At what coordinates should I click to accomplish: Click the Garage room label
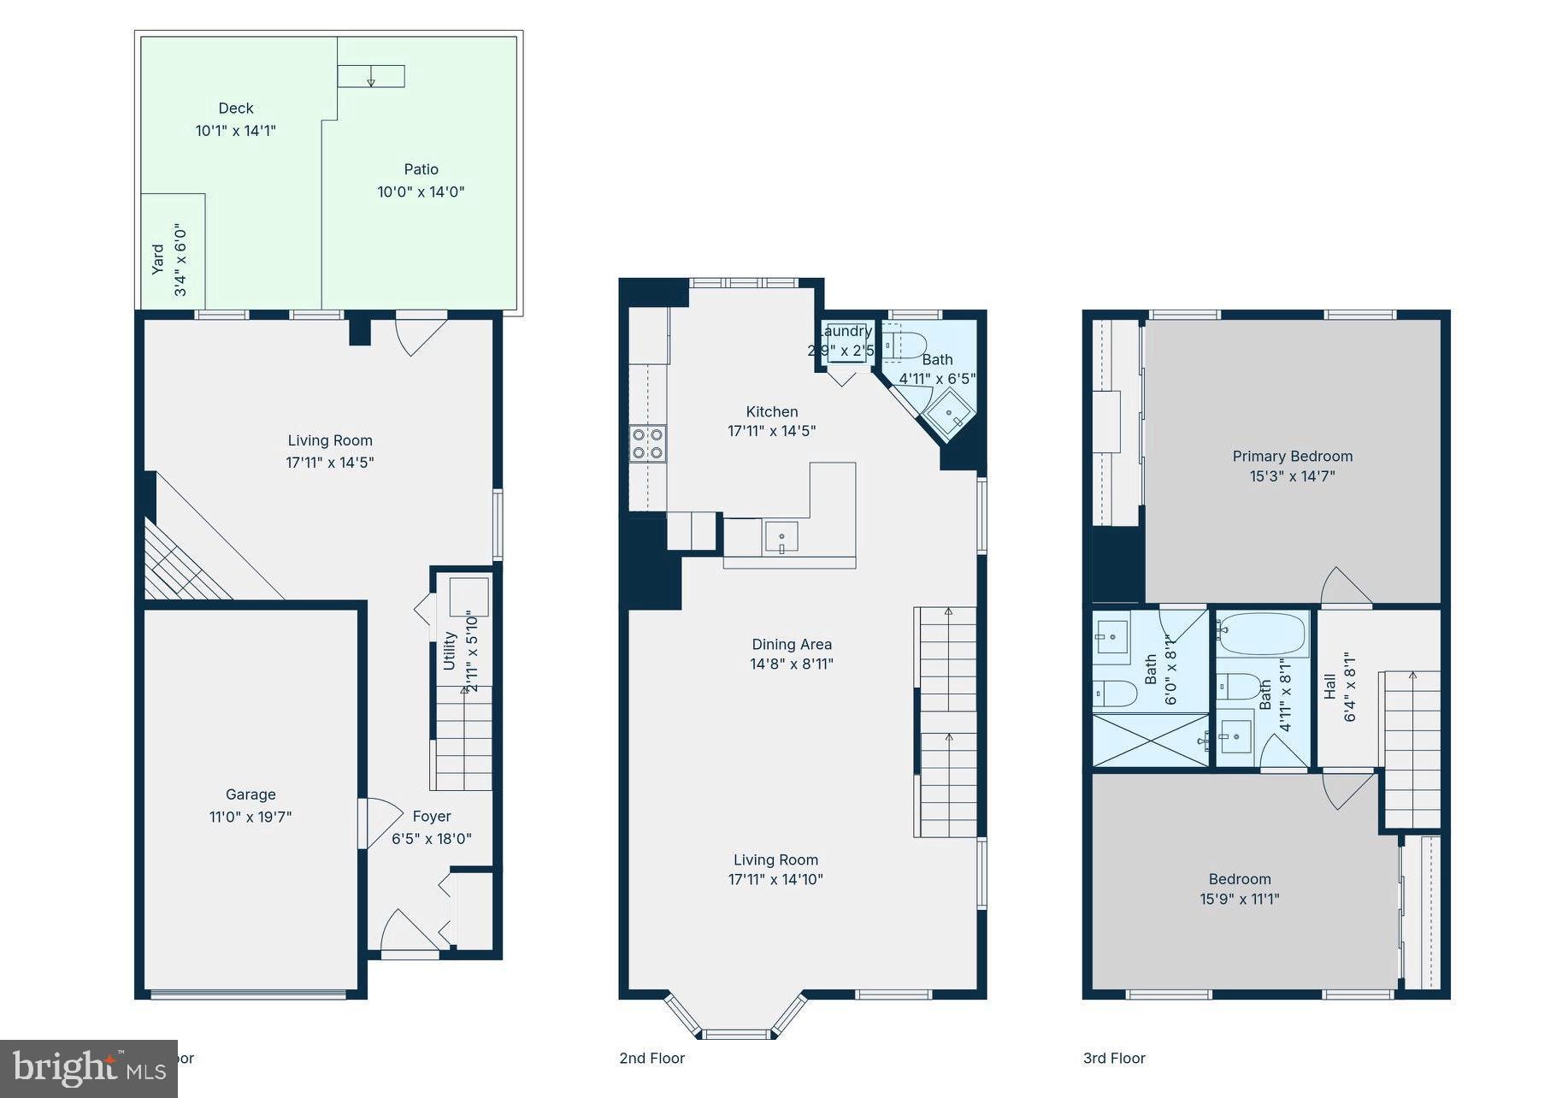pos(250,794)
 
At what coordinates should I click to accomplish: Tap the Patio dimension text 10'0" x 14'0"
pos(421,192)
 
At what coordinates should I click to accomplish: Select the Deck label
pos(236,109)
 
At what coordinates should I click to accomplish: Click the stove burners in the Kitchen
pos(647,444)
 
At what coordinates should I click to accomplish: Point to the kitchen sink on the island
pos(781,539)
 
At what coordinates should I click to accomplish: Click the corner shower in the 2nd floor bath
pos(951,416)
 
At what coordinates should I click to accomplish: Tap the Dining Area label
pos(792,645)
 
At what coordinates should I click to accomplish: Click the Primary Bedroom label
pos(1292,457)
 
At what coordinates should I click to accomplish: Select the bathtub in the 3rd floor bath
pos(1262,634)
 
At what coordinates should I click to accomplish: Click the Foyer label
pos(432,817)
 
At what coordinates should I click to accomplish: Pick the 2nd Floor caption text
pos(651,1059)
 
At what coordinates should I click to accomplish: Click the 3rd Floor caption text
pos(1114,1059)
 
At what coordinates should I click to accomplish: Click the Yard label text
pos(158,259)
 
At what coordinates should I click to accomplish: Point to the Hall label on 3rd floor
pos(1329,686)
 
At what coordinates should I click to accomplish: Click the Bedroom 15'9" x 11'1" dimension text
pos(1239,899)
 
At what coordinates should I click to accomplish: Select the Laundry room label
pos(845,332)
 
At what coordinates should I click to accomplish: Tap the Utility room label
pos(450,651)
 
